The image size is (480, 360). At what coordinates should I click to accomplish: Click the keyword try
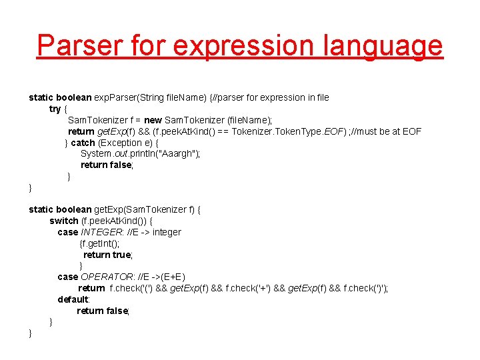coord(55,109)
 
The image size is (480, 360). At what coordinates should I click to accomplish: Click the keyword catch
coord(83,143)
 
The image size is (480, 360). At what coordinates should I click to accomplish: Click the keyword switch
coord(64,221)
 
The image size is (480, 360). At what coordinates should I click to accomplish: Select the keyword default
coord(73,299)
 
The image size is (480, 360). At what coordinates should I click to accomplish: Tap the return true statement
coord(107,255)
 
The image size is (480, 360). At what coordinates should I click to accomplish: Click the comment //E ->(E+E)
coord(163,277)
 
